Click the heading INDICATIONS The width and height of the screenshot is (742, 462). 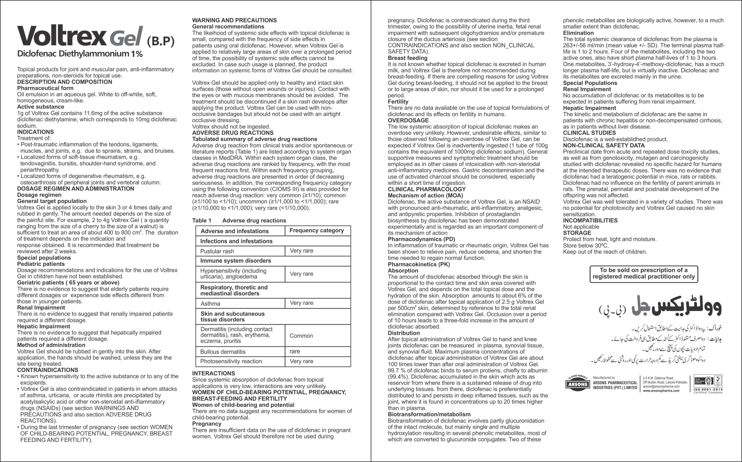tap(35, 132)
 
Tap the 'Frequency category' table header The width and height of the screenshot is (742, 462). tap(317, 230)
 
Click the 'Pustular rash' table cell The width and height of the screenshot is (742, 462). tap(217, 251)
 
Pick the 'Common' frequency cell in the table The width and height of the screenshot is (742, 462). tap(301, 336)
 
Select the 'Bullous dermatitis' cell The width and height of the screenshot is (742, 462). tap(223, 352)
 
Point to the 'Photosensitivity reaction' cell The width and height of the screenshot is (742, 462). tap(231, 361)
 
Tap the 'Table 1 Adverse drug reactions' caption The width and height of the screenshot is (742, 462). tap(239, 221)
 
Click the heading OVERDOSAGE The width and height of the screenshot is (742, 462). tap(408, 120)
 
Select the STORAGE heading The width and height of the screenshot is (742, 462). tap(577, 233)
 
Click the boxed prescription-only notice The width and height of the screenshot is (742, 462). tap(643, 273)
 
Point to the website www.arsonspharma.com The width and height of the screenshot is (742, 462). tap(661, 390)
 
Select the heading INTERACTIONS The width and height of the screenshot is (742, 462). tap(214, 373)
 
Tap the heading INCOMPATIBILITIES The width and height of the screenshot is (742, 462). tap(590, 221)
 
